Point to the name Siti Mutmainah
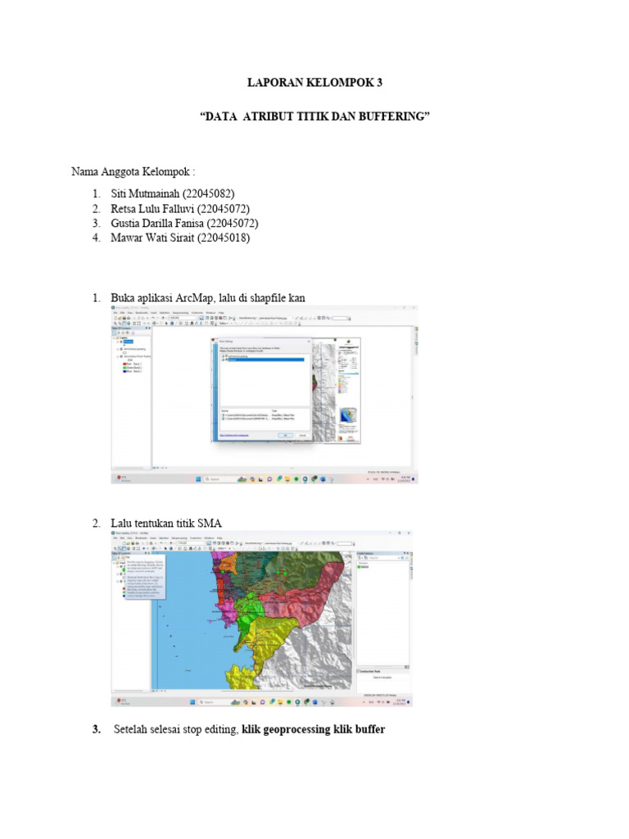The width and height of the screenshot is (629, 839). (152, 193)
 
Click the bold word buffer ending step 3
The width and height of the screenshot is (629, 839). (369, 728)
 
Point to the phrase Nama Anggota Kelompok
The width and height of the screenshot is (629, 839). (131, 172)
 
